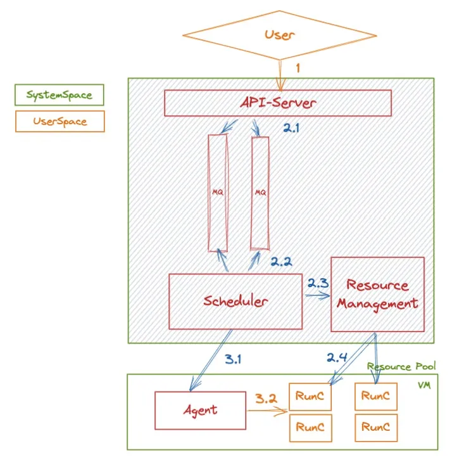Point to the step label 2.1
coord(291,128)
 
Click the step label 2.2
coord(281,262)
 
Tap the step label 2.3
coord(318,283)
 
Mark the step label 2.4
coord(337,357)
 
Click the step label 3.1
coord(233,359)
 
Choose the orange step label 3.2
coord(266,399)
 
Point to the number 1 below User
coord(298,68)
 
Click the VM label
coord(424,385)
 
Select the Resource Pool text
coord(401,366)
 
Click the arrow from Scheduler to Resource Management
coord(318,296)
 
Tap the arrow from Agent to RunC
coord(267,411)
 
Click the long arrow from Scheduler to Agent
coord(211,360)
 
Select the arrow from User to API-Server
coord(280,75)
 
